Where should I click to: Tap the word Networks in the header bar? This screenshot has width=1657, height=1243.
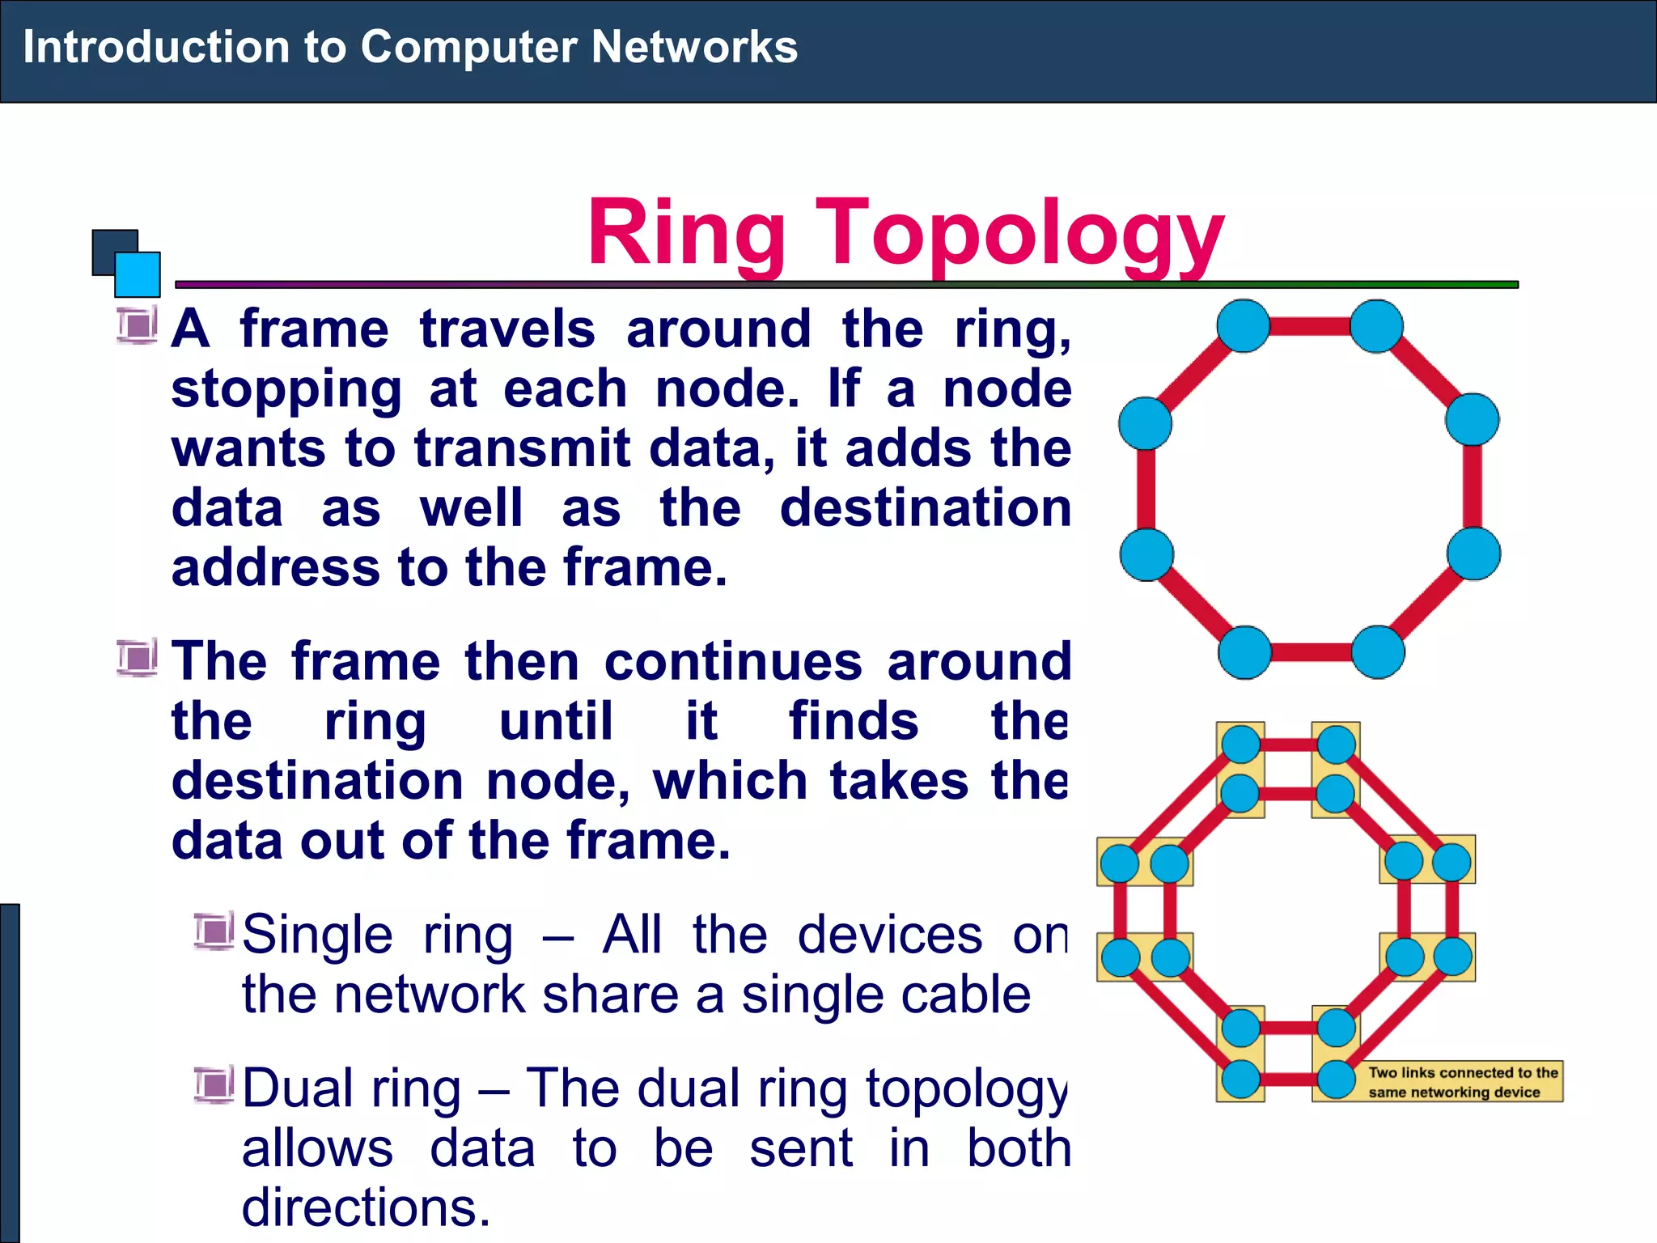click(693, 47)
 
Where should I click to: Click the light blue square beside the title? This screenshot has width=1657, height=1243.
click(138, 274)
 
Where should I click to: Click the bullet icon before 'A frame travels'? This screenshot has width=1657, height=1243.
click(136, 326)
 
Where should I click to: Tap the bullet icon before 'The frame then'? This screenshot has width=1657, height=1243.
click(136, 657)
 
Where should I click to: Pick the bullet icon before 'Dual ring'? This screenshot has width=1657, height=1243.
click(213, 1084)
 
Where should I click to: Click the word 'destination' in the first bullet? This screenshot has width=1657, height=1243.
click(925, 508)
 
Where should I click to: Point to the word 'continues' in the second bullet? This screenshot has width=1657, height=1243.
click(733, 662)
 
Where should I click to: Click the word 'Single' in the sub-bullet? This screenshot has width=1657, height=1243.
click(317, 935)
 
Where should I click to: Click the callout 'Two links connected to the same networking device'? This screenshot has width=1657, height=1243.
click(1462, 1082)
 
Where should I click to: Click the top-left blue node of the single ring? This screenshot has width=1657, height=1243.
click(1243, 326)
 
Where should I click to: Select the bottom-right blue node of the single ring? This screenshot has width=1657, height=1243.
click(1377, 652)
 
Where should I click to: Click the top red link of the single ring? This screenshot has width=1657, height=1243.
click(1310, 326)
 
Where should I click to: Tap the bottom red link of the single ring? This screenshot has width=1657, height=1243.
click(1311, 652)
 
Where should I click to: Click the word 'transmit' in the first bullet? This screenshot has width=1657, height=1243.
click(522, 448)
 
